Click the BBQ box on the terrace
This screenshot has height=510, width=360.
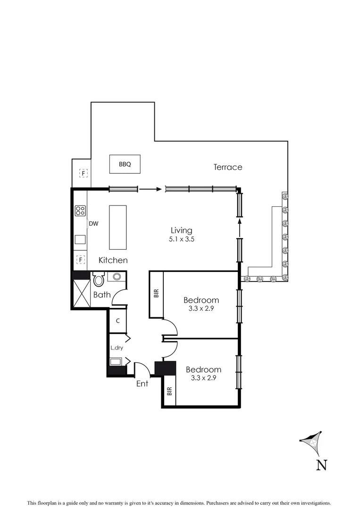point(125,164)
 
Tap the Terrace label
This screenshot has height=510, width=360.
point(227,167)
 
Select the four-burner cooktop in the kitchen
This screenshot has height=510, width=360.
point(80,211)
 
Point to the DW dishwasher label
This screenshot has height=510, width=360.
point(93,224)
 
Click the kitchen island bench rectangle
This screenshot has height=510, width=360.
point(118,227)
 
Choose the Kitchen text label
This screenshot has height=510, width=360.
point(113,260)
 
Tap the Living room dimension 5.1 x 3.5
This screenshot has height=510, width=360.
point(182,239)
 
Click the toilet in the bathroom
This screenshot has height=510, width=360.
point(98,280)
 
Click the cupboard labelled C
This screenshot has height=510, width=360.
point(117,320)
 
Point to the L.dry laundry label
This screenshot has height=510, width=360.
point(117,348)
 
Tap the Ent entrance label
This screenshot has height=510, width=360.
point(142,383)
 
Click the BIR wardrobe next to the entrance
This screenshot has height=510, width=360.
point(169,391)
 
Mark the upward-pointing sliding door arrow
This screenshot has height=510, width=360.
point(240,227)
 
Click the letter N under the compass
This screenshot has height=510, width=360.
point(321,465)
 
